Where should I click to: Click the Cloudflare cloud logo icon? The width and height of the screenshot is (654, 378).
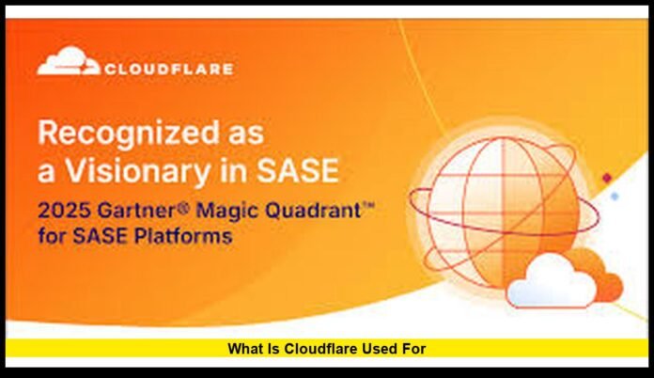coord(68,65)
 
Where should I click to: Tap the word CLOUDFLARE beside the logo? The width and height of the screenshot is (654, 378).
coord(169,69)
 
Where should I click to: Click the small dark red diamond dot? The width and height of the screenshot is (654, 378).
coord(607,178)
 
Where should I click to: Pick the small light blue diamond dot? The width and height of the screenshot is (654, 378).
coord(615,196)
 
